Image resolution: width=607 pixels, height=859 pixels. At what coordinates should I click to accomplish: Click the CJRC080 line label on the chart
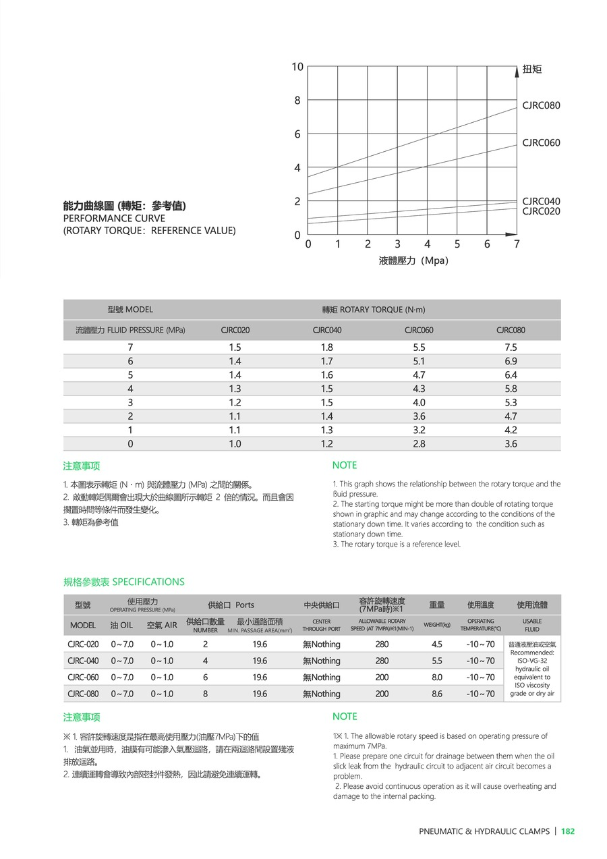[x=541, y=105]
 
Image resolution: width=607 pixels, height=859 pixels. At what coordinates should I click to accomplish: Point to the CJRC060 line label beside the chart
[x=541, y=142]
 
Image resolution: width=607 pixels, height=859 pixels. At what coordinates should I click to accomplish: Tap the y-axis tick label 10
[x=297, y=66]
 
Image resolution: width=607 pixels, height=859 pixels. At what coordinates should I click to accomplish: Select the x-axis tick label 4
[x=428, y=244]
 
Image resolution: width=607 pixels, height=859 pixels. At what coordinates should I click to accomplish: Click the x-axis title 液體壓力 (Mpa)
[x=413, y=260]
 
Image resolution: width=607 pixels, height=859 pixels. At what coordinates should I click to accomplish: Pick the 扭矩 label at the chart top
[x=532, y=69]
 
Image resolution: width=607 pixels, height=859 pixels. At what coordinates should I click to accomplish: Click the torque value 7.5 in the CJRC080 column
[x=511, y=347]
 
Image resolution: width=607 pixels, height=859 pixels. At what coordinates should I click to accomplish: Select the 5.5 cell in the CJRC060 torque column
[x=419, y=347]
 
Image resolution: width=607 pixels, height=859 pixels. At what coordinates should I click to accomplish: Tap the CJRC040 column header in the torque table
[x=327, y=330]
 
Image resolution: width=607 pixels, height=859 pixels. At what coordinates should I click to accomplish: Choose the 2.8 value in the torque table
[x=419, y=443]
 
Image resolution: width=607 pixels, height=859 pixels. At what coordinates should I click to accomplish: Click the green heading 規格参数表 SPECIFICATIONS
[x=123, y=582]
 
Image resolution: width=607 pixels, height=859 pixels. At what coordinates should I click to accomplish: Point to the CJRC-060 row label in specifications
[x=83, y=677]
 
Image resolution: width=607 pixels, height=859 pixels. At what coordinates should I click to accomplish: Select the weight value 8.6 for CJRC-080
[x=437, y=694]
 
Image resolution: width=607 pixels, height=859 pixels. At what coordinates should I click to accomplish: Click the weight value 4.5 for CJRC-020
[x=437, y=644]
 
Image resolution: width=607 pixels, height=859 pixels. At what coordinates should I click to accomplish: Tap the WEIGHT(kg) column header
[x=437, y=625]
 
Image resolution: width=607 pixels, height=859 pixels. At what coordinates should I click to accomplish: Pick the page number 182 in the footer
[x=568, y=831]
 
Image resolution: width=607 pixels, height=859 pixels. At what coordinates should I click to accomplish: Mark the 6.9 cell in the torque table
[x=511, y=361]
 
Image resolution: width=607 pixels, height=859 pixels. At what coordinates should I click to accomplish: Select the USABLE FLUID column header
[x=532, y=625]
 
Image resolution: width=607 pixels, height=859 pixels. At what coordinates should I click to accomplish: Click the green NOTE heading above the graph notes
[x=345, y=465]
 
